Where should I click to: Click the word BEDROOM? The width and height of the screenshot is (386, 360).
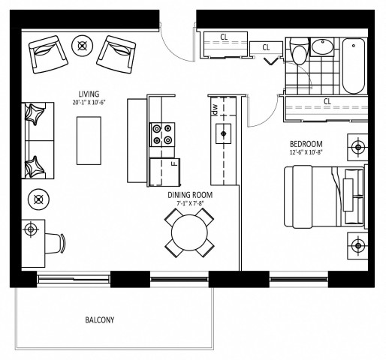(x=306, y=144)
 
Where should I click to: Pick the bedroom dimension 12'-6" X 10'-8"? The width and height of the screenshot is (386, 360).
(x=306, y=154)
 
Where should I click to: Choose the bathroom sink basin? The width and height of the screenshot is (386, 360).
(x=323, y=47)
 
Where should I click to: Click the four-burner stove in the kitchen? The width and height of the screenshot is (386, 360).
(x=162, y=134)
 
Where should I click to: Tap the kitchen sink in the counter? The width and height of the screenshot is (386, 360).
(x=223, y=135)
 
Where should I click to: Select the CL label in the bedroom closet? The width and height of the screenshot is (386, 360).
(x=327, y=101)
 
